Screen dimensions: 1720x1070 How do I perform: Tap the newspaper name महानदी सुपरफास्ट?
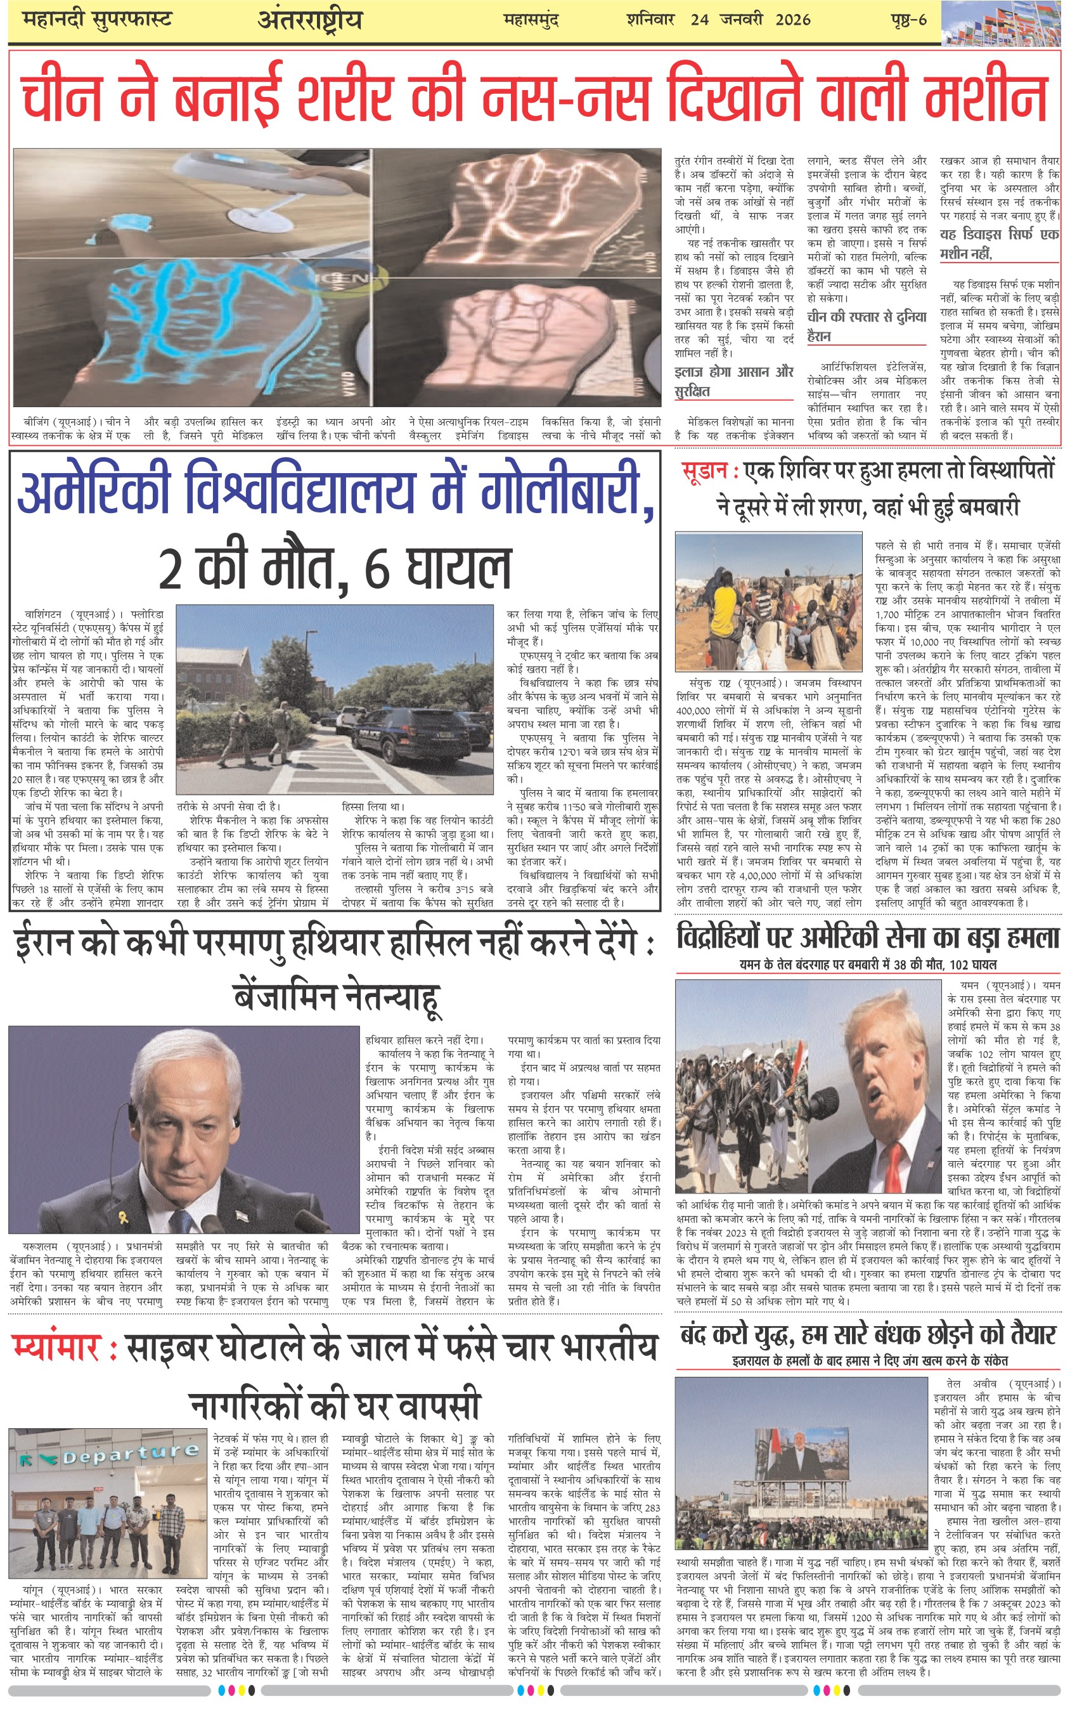97,19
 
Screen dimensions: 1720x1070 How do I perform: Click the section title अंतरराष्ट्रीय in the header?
309,20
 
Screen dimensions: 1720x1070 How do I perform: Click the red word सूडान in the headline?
704,471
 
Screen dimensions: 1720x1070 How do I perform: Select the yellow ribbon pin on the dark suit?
123,1218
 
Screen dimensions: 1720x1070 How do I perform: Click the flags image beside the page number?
1004,23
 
